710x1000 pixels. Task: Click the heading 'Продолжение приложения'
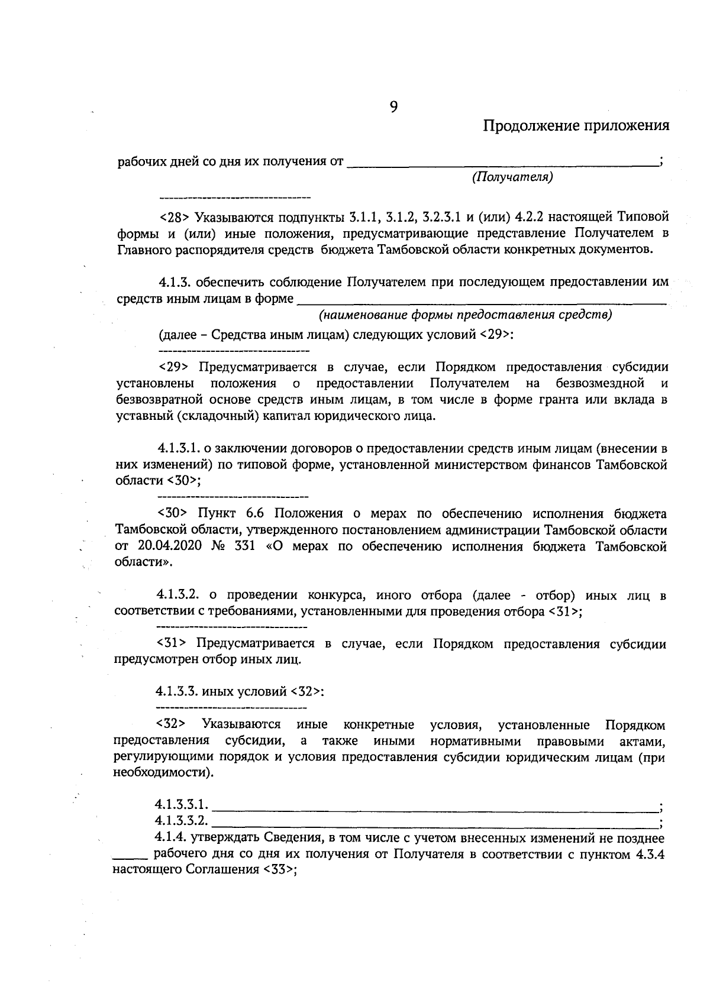click(576, 126)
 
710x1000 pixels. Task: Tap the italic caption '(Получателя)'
click(512, 177)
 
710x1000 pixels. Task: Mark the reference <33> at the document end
click(276, 870)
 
